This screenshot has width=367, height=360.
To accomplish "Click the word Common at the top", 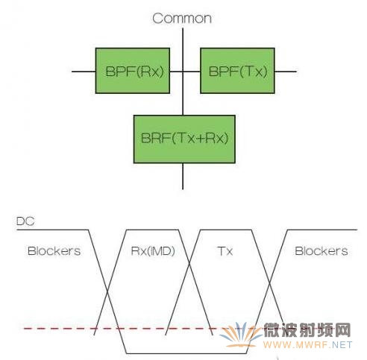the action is tap(182, 19).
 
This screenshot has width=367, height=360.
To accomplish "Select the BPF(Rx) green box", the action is tap(133, 71).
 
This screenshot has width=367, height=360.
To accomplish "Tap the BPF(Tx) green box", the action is tap(237, 71).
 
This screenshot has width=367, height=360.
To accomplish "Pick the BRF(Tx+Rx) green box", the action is tap(184, 139).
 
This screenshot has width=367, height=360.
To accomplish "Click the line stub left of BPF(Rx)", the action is tap(84, 72).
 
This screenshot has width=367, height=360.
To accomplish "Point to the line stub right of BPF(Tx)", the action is tap(286, 72).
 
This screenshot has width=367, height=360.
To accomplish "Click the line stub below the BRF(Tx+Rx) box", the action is tap(183, 177).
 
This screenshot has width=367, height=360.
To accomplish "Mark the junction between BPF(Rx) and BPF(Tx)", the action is tap(183, 72).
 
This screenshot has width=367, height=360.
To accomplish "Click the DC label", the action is tap(25, 221).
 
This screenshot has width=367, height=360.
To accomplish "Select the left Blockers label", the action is tap(54, 251).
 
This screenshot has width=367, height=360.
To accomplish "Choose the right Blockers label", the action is tap(321, 251).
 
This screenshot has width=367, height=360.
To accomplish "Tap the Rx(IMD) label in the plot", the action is tap(153, 251).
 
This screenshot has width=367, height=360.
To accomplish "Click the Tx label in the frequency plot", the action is tap(225, 251).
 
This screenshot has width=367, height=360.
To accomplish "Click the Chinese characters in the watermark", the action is tap(307, 330).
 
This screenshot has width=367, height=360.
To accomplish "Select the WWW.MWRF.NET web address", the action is tap(308, 345).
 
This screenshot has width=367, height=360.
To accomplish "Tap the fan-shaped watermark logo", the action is tap(240, 334).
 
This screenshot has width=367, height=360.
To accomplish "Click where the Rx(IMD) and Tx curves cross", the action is tap(189, 263).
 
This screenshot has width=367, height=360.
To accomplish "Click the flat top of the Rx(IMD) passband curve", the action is tap(152, 230).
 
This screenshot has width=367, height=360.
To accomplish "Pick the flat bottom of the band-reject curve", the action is tap(186, 353).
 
